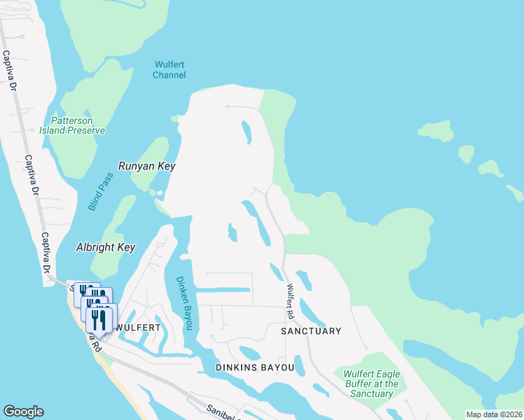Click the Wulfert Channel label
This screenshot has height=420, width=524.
pos(169,70)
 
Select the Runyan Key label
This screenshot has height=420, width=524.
pos(146,167)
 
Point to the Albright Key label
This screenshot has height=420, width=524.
pos(105,248)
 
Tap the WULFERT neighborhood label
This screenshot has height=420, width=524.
pos(138,327)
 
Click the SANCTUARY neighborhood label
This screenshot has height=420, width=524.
pos(311,330)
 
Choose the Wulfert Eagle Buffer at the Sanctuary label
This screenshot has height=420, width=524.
pos(371,384)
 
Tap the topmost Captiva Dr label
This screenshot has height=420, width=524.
pos(10,71)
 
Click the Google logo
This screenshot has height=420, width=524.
pos(23,412)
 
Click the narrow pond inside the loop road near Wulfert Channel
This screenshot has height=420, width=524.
pos(246,132)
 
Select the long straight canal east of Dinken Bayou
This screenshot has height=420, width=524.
pos(223,290)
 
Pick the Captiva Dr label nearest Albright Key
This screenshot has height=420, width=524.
pos(46,254)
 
